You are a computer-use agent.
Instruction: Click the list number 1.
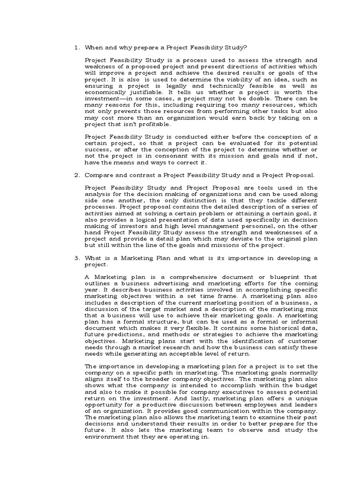[76, 47]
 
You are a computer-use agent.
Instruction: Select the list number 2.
[76, 175]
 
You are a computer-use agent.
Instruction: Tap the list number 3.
[76, 258]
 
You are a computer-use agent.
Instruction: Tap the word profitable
[155, 125]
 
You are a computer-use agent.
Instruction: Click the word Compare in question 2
[98, 175]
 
